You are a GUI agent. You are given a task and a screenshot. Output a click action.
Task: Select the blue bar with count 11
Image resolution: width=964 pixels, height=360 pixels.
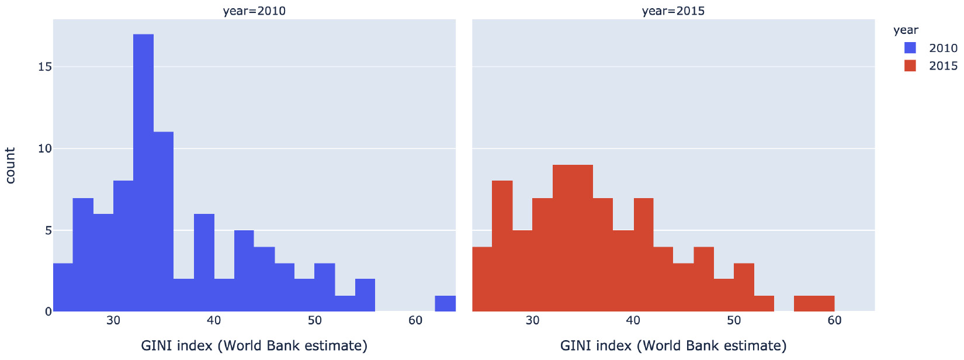point(164,222)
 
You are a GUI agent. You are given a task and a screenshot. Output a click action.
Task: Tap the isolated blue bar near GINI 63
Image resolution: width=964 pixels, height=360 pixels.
point(445,303)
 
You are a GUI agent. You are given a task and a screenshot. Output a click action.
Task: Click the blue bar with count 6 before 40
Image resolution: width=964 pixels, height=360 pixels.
point(204,263)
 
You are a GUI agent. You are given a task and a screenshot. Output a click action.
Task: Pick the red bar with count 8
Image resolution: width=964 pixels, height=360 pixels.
point(502,246)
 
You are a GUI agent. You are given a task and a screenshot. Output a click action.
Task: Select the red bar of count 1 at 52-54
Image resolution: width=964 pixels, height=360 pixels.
point(764,303)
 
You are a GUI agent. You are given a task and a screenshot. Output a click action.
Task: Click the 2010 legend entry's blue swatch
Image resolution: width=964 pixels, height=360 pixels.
point(910,48)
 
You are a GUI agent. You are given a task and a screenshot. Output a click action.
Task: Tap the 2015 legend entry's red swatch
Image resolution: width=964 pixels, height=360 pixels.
point(910,65)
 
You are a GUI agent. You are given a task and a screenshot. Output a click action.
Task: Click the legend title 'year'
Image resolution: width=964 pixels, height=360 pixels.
point(906,30)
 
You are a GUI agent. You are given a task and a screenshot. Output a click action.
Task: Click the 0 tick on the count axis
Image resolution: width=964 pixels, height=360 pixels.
point(48,312)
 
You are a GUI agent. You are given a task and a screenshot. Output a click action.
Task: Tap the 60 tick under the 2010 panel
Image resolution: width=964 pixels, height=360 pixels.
point(415,320)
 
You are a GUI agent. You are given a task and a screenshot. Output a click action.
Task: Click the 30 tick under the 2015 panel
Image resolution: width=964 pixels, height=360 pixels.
point(532,320)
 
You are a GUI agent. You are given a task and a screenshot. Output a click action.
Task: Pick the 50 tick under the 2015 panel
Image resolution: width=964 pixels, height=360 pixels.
point(734,320)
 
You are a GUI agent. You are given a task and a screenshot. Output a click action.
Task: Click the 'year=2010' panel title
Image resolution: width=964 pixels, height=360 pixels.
point(254,11)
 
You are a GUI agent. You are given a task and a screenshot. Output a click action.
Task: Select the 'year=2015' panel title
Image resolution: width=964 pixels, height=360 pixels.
point(673,11)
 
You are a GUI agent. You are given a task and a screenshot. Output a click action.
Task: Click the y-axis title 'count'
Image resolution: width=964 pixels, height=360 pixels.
point(11,165)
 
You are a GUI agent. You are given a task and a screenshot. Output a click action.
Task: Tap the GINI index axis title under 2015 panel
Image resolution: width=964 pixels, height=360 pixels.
point(673,345)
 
